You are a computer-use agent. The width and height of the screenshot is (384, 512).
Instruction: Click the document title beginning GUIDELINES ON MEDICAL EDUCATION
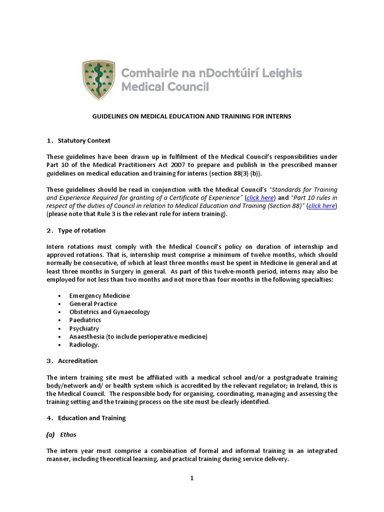coord(191,116)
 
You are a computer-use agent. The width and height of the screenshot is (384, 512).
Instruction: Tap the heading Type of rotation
coord(81,230)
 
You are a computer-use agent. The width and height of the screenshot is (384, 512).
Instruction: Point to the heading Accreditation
coord(77,360)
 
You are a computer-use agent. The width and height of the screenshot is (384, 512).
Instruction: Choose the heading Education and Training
coord(91,418)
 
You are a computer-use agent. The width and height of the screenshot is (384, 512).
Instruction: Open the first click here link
coord(260,198)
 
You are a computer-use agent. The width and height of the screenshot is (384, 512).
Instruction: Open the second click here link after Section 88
coord(322,206)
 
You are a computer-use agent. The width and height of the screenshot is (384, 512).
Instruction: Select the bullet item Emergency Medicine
coord(99,295)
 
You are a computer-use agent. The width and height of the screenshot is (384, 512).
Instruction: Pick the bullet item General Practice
coord(93,303)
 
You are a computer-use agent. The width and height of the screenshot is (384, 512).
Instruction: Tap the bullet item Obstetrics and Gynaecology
coord(109,312)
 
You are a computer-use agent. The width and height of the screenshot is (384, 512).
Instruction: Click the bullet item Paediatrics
coord(85,320)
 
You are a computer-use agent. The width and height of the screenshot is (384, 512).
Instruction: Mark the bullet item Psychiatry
coord(84,328)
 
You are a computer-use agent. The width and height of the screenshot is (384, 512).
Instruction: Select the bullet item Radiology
coord(84,344)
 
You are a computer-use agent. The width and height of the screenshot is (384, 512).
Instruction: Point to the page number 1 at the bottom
coord(191,478)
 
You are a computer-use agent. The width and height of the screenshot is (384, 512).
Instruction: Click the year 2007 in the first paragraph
coord(188,165)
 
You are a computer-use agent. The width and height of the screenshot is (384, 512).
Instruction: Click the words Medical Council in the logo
coord(165,87)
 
